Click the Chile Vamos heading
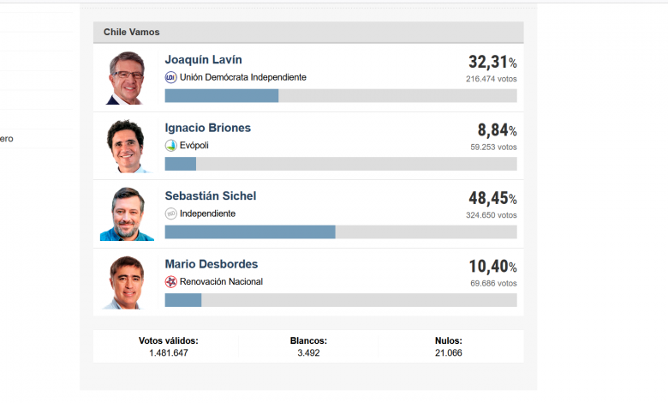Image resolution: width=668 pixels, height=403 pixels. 132,33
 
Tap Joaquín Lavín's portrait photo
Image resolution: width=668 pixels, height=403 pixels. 127,77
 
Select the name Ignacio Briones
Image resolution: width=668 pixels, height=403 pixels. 207,128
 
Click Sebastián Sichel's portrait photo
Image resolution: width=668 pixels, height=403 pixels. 127,214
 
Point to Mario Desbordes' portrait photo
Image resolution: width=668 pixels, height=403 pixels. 127,281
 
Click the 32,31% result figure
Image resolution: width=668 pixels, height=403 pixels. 492,63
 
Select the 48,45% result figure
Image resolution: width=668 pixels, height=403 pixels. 492,198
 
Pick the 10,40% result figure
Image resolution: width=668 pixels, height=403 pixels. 492,267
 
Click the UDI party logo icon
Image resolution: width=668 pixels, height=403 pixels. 170,77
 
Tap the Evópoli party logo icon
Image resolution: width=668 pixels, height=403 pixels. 170,146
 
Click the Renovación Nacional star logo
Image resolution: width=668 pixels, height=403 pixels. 170,281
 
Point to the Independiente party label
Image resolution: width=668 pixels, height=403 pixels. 207,214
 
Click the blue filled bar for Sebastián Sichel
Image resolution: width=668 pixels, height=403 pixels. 249,232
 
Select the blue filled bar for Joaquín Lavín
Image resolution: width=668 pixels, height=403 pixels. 221,96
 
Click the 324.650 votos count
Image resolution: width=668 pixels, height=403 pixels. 492,214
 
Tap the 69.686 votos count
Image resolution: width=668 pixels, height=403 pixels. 493,283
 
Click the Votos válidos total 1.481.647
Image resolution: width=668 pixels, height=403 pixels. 168,352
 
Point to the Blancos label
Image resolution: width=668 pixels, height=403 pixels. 308,340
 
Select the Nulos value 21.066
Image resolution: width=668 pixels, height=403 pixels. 449,352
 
